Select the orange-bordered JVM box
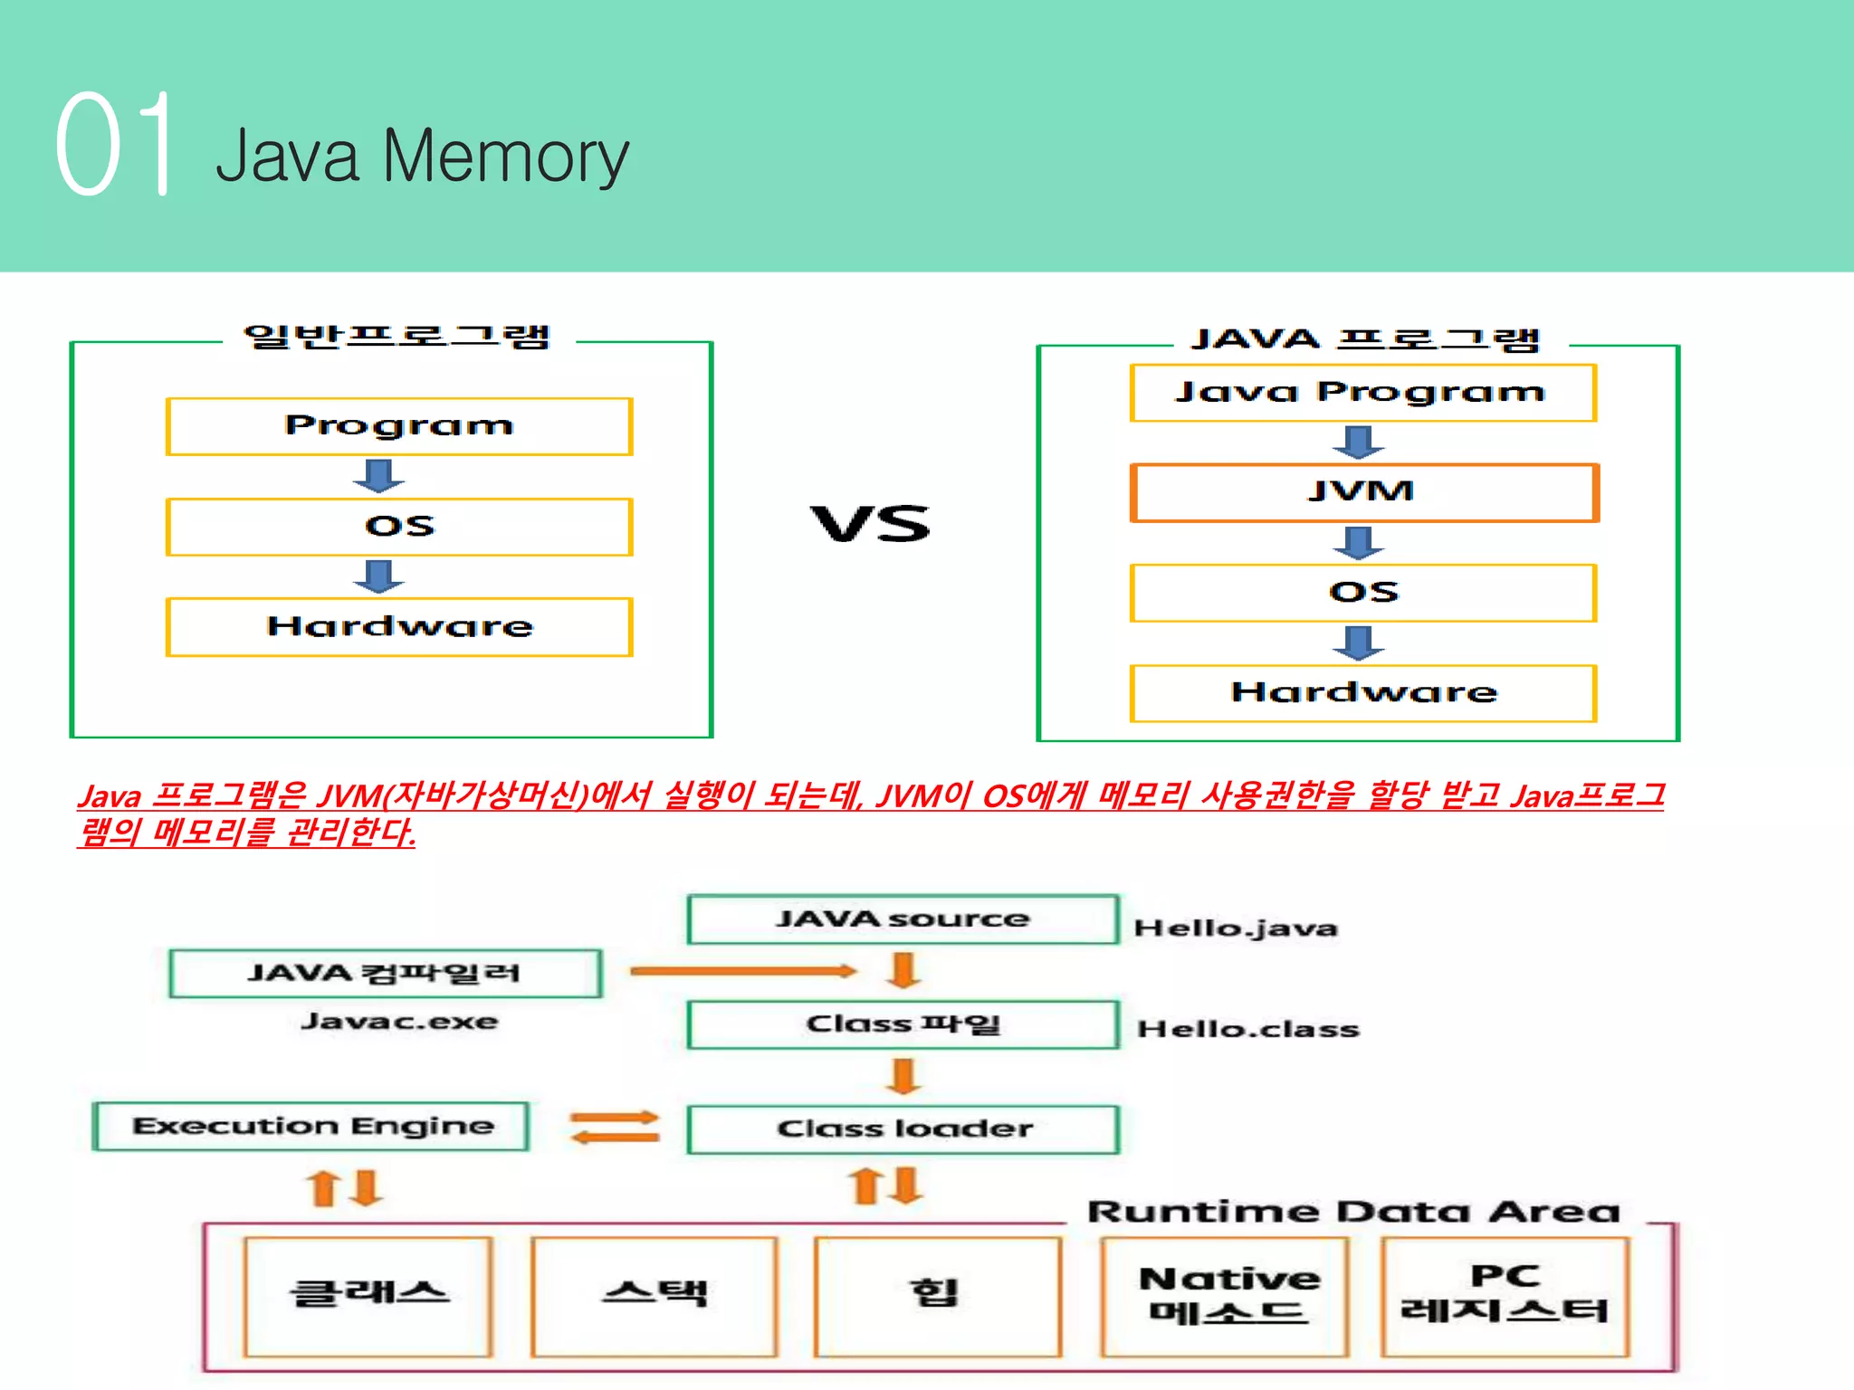pos(1363,492)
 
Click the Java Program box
pos(1362,393)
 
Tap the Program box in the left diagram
pos(398,426)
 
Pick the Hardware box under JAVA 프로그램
pos(1362,693)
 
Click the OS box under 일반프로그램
pos(398,527)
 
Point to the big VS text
pos(870,524)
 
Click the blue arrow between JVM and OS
pos(1359,543)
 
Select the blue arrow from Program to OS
pos(378,475)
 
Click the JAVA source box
pos(903,919)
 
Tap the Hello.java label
pos(1235,928)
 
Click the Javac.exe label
pos(399,1022)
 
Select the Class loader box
pos(903,1129)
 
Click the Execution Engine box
pos(311,1127)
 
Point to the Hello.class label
pos(1247,1030)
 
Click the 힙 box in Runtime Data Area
pos(936,1295)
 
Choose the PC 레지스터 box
pos(1504,1295)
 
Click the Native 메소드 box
pos(1227,1295)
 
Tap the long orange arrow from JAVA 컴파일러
pos(742,971)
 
